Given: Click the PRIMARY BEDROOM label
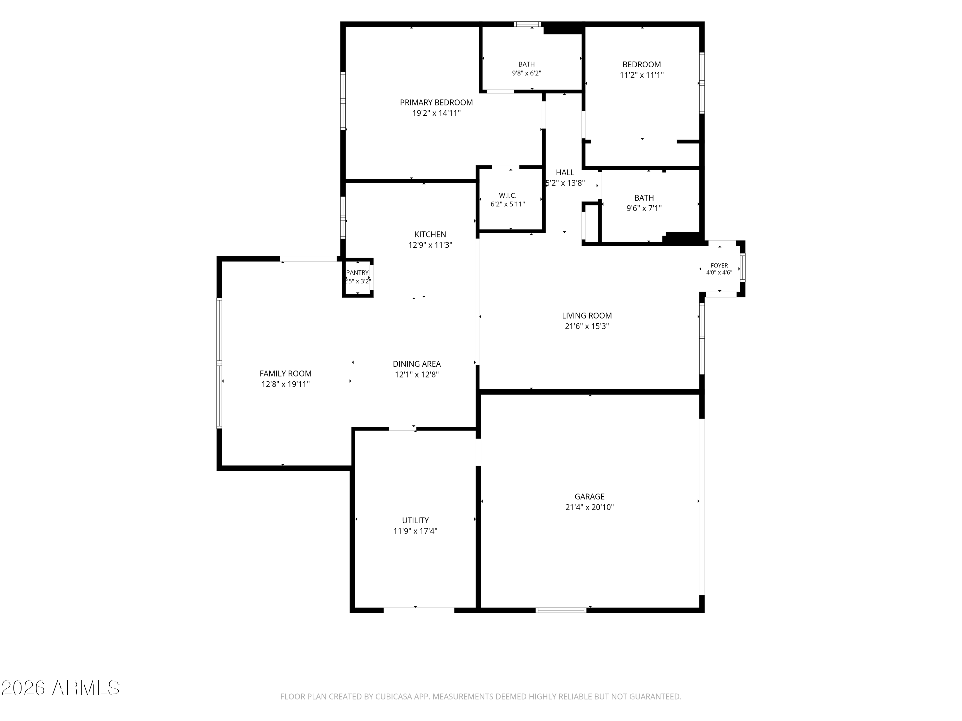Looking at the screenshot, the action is tap(436, 103).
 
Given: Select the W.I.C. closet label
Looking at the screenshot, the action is tap(508, 195).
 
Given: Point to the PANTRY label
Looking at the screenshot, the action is tap(358, 272).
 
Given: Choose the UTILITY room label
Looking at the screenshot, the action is tap(415, 520).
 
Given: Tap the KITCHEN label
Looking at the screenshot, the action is tap(430, 234).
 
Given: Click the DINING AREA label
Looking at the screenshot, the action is tap(417, 364).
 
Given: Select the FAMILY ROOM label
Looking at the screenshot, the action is tap(285, 373).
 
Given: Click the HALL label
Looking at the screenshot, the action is tap(565, 172).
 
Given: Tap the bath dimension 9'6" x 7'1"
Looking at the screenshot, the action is tap(644, 208).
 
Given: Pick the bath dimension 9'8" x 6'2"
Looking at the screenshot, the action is tap(526, 73).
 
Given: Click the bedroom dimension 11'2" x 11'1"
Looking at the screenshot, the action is tap(641, 75).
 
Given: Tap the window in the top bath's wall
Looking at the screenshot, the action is tap(527, 24).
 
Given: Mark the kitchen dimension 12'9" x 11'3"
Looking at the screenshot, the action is tap(430, 245).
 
